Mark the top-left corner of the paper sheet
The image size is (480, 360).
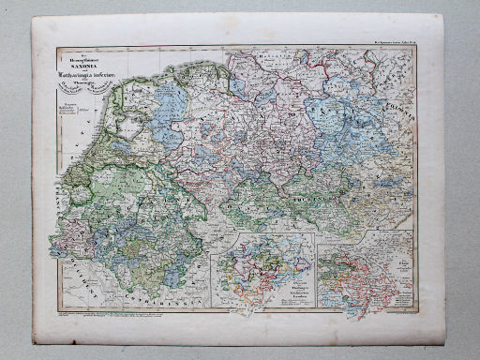(32, 17)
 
